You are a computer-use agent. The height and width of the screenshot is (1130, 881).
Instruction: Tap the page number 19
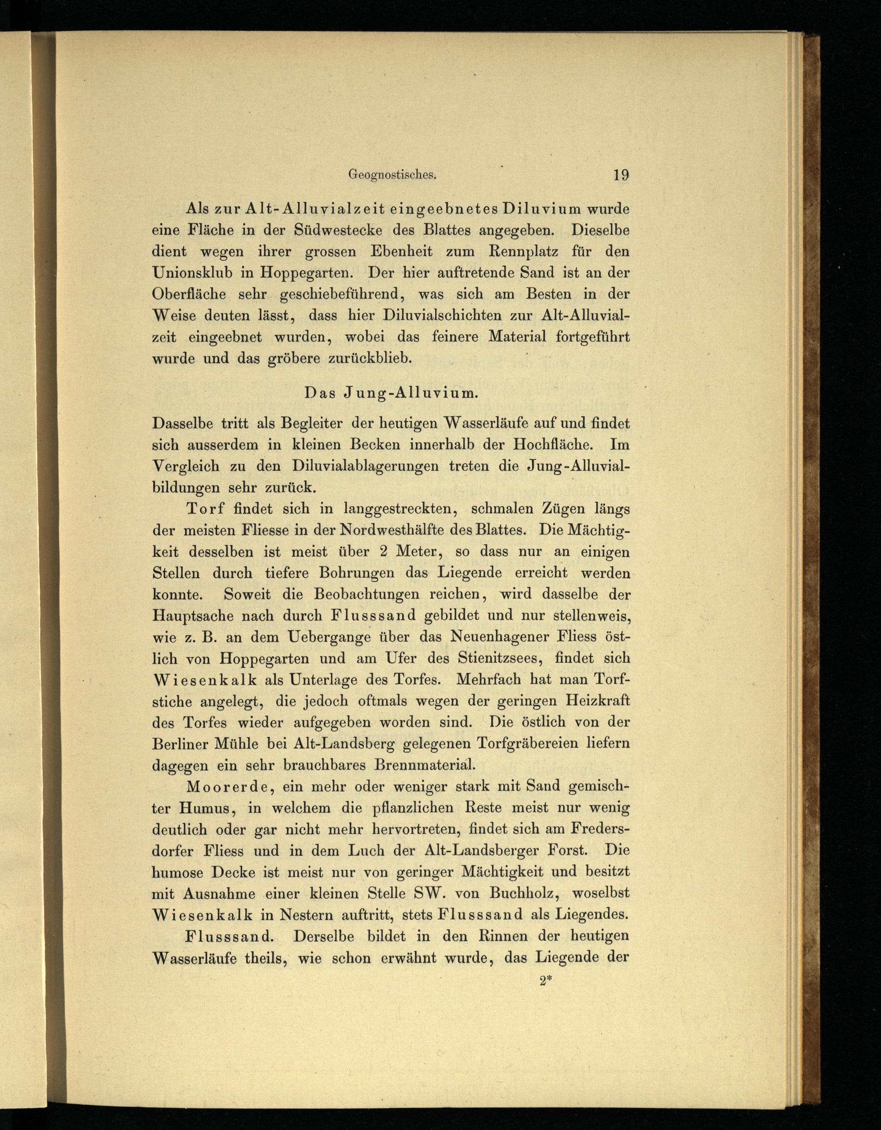tap(621, 175)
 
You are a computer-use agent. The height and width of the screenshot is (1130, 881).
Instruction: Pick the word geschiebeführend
tap(340, 295)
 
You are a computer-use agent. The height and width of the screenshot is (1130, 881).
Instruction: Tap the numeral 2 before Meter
tap(384, 551)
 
